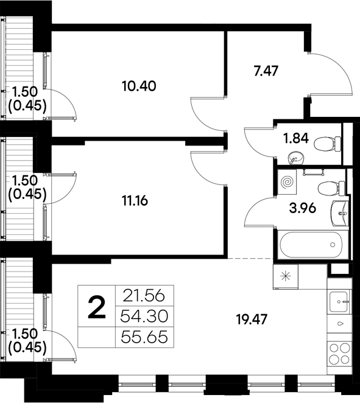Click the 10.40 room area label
pyautogui.click(x=139, y=86)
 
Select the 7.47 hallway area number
pyautogui.click(x=266, y=71)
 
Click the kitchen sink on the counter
pyautogui.click(x=339, y=300)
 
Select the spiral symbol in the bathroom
pyautogui.click(x=287, y=181)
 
